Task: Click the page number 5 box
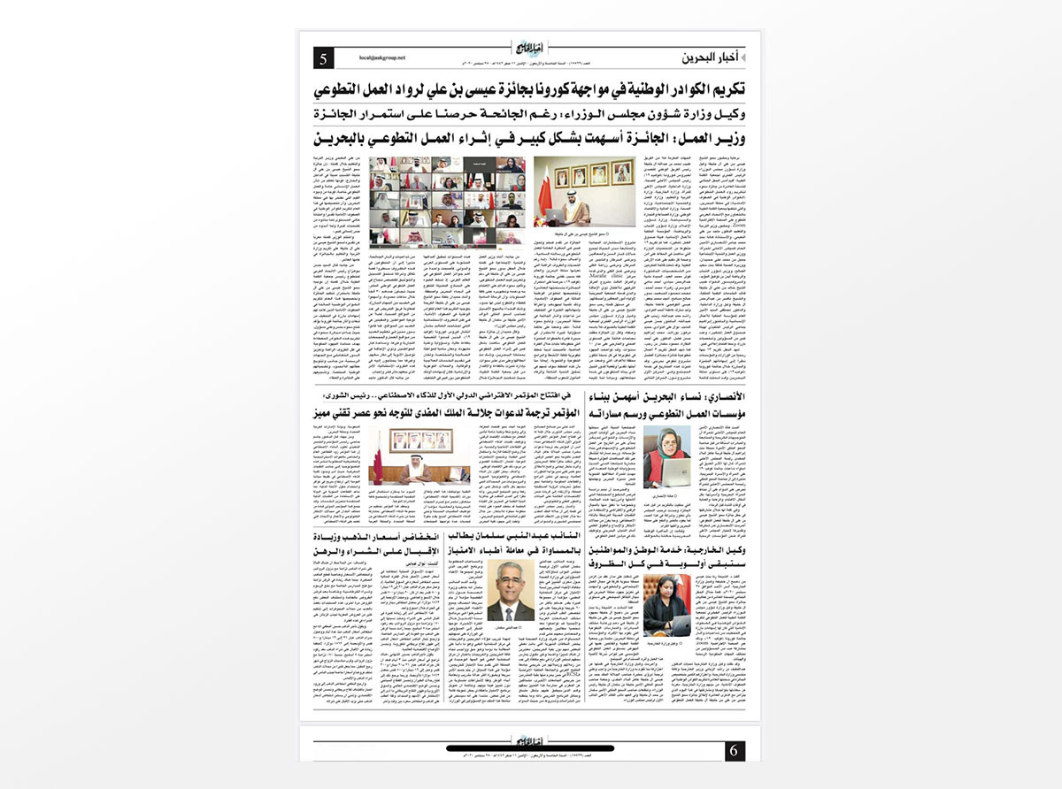coord(324,58)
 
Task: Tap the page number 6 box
coord(734,752)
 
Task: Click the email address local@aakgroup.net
coord(381,58)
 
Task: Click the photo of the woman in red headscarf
coord(666,455)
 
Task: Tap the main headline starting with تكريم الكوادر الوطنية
coord(530,90)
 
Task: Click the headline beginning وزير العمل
coord(530,139)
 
